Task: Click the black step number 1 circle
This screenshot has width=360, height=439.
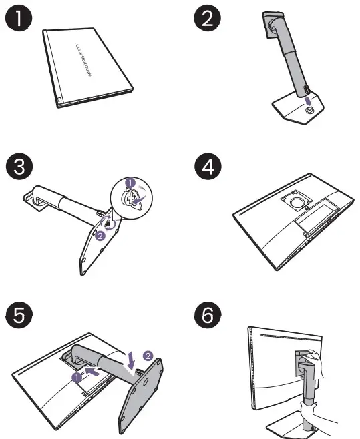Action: [19, 19]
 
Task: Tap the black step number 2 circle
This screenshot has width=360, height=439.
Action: [208, 19]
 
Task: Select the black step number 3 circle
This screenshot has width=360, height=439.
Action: [19, 167]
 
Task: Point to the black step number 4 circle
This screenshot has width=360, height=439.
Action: [208, 167]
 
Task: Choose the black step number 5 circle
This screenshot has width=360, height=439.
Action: [19, 315]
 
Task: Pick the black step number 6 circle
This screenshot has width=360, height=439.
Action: [208, 315]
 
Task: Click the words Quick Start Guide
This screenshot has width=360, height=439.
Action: [83, 60]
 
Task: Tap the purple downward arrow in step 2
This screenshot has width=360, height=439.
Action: [309, 101]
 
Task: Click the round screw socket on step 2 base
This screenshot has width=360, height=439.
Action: [309, 110]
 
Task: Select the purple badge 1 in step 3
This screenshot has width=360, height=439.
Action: [130, 183]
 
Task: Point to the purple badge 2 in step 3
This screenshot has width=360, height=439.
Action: [100, 236]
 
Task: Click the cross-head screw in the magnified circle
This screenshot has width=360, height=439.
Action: [129, 199]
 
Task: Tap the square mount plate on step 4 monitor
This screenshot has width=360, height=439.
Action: [296, 201]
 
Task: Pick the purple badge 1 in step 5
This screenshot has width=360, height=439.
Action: [77, 378]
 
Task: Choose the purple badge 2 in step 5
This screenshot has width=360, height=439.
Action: [148, 356]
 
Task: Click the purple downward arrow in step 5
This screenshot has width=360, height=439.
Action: [130, 361]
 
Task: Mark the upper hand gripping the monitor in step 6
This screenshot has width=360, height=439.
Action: [316, 364]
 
